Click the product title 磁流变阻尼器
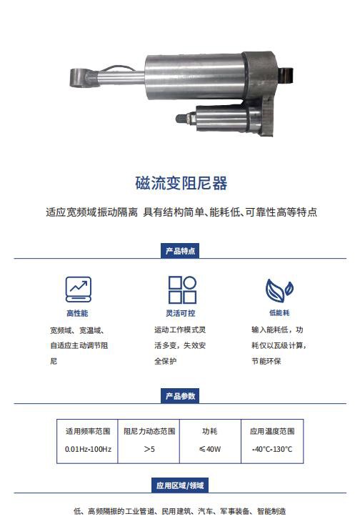[x=181, y=184]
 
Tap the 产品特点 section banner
[x=180, y=251]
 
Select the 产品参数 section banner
[x=180, y=395]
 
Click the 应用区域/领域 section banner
[x=180, y=485]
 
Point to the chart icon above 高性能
[x=78, y=287]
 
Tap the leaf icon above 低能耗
[x=279, y=289]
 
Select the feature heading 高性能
[x=77, y=314]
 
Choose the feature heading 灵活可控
[x=180, y=314]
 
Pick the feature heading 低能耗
[x=279, y=314]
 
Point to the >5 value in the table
[x=149, y=450]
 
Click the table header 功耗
[x=209, y=432]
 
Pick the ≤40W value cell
[x=209, y=450]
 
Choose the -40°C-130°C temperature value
[x=272, y=450]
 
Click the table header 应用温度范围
[x=272, y=432]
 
